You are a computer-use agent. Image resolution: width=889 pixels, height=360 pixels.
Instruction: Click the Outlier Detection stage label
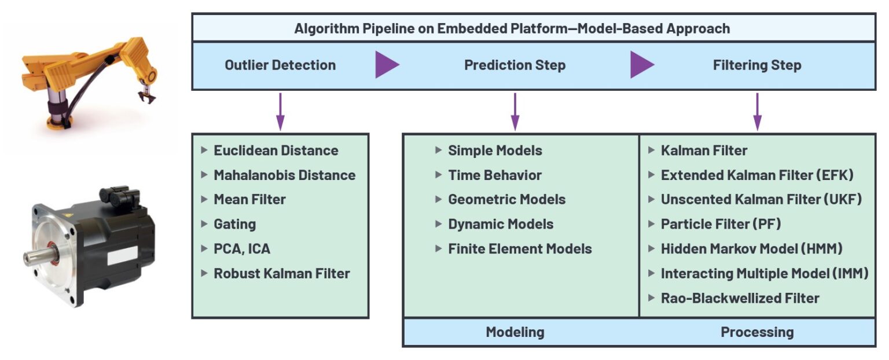tap(280, 65)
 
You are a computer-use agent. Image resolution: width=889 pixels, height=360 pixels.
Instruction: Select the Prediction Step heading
tap(515, 65)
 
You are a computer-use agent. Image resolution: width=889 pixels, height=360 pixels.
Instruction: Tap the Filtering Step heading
tap(756, 65)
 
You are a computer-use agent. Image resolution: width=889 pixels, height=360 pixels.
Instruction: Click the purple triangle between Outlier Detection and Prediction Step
tap(387, 65)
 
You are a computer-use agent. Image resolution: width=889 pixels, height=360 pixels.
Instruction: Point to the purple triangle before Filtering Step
tap(641, 65)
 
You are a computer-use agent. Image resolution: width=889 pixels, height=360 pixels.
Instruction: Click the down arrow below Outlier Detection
tap(280, 111)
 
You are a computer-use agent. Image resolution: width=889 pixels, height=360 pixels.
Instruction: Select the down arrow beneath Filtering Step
tap(757, 111)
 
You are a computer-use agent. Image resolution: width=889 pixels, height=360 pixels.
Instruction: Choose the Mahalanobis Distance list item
tap(284, 175)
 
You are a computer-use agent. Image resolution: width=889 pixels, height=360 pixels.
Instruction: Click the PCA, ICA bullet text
tap(242, 249)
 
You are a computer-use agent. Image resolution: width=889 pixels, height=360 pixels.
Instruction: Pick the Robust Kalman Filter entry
tap(282, 273)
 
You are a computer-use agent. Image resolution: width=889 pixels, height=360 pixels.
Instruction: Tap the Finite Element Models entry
tap(520, 249)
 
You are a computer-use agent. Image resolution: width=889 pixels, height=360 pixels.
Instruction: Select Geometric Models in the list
tap(506, 199)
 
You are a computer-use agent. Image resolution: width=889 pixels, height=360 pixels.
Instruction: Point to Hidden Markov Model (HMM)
tap(751, 249)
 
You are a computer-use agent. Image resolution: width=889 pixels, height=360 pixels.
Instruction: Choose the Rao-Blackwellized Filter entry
tap(740, 298)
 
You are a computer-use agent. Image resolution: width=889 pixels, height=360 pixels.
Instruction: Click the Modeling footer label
tap(515, 332)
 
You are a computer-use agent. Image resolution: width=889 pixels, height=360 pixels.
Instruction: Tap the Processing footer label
tap(756, 332)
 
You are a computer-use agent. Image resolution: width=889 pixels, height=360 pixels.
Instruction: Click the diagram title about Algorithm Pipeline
tap(512, 28)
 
